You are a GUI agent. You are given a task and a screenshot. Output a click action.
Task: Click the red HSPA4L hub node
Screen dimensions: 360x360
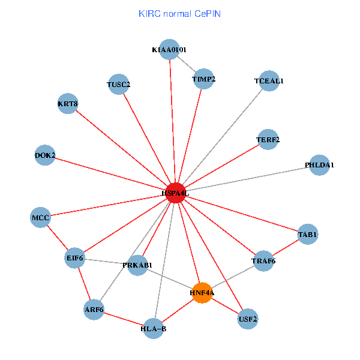175,193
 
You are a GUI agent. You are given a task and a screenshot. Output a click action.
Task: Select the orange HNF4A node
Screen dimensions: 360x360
202,293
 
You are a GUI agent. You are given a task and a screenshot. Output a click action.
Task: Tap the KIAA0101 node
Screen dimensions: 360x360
169,49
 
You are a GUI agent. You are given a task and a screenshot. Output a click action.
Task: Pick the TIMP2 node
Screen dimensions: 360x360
204,79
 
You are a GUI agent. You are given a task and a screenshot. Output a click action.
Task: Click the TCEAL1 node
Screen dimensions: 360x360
269,80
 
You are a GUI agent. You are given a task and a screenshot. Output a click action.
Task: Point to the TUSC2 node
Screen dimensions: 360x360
119,85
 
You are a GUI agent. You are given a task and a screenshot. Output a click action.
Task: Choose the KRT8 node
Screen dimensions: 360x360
68,104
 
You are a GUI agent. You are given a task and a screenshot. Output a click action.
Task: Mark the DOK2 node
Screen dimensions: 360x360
46,155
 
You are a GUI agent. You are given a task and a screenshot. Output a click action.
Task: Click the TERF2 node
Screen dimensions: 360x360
268,140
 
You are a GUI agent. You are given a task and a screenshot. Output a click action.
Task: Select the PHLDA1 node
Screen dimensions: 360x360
320,165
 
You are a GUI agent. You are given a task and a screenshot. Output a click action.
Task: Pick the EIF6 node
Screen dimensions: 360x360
75,258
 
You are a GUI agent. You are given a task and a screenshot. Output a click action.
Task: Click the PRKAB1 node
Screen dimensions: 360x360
137,265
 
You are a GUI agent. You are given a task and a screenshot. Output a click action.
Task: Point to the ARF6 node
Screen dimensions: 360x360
94,310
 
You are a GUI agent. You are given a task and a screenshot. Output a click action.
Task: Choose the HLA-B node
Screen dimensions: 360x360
154,328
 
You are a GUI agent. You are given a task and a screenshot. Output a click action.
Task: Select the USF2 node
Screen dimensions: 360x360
248,319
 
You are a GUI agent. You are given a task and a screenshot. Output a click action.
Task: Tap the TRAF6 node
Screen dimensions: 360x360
263,261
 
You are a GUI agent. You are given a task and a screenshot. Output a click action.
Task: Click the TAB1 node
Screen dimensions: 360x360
308,234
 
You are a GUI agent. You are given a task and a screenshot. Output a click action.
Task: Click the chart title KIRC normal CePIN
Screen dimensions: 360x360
179,13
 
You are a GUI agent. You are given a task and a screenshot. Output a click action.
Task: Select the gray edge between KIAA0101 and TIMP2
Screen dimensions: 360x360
187,64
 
